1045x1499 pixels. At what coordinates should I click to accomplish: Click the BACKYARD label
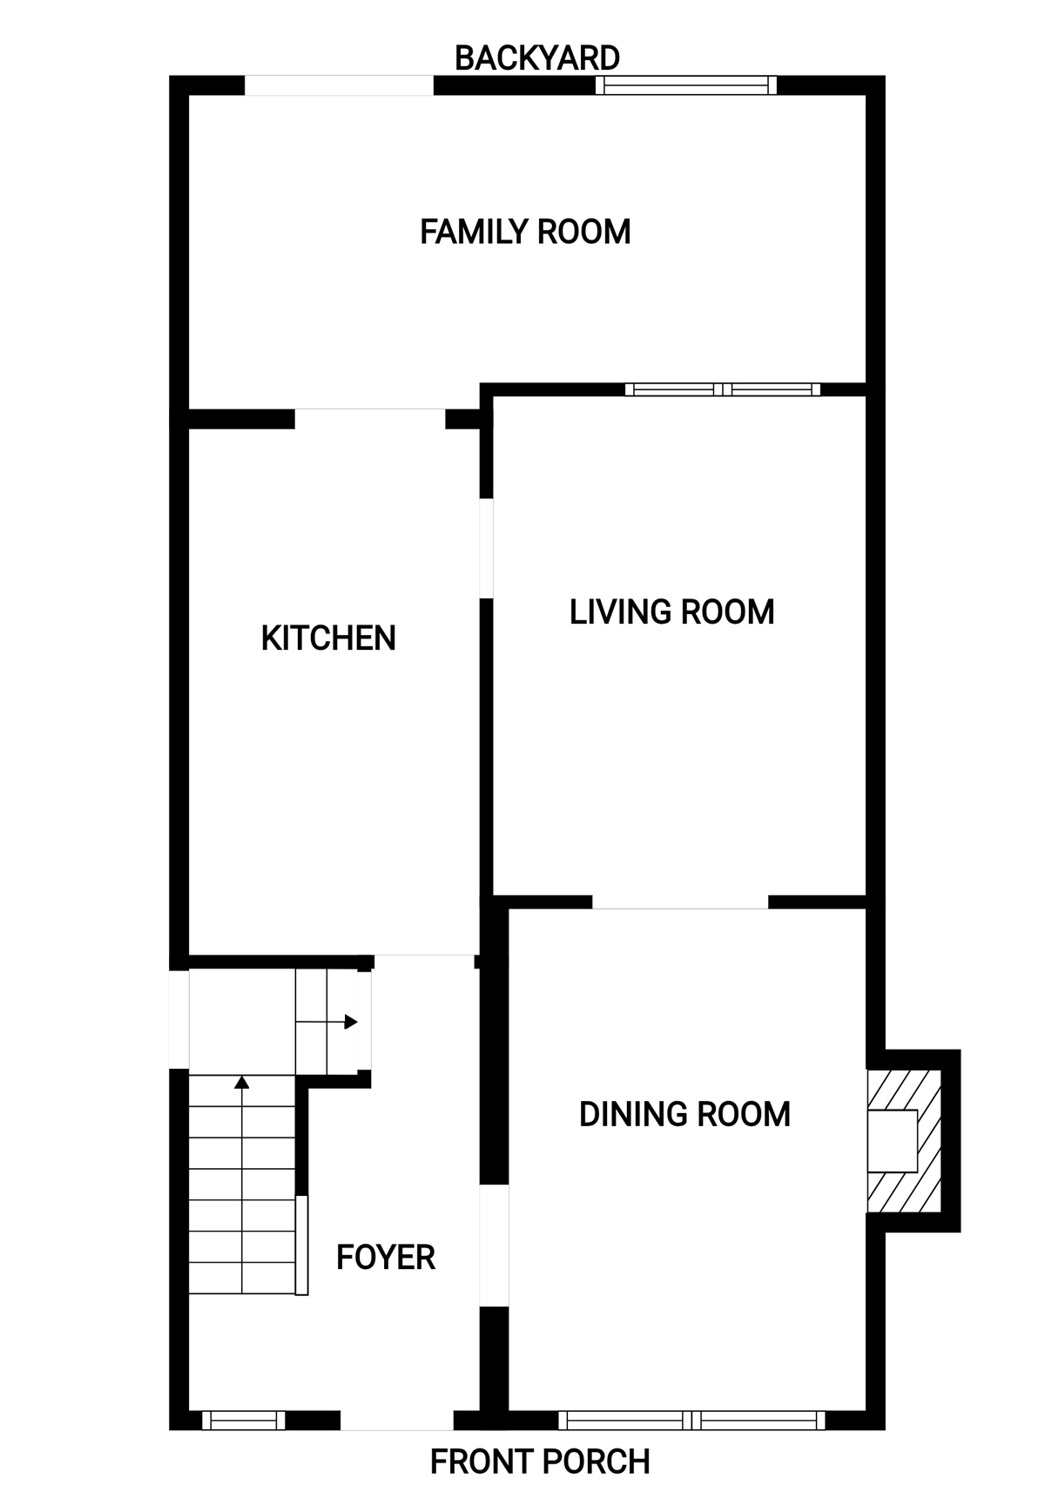(x=537, y=58)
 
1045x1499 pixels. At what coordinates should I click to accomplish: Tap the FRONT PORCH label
(x=540, y=1461)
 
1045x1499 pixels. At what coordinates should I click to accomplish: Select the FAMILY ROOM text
(x=525, y=232)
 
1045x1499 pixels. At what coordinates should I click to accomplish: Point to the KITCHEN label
(x=328, y=638)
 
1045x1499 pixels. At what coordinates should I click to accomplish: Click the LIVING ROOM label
(x=671, y=612)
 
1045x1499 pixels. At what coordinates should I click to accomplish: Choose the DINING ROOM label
(x=684, y=1114)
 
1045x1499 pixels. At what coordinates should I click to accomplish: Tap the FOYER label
(x=386, y=1258)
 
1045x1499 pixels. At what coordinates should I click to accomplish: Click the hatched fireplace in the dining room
(x=904, y=1141)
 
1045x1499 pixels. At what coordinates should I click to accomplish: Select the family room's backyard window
(x=686, y=85)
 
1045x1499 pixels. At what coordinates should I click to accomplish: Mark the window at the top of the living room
(x=723, y=389)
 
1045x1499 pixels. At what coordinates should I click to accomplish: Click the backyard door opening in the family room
(x=339, y=85)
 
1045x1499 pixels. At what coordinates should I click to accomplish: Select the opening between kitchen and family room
(x=370, y=419)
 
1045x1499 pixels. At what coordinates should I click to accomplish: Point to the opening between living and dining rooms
(x=680, y=902)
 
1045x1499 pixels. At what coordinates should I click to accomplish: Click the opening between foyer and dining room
(x=494, y=1246)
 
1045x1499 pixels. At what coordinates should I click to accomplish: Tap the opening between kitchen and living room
(x=487, y=549)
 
